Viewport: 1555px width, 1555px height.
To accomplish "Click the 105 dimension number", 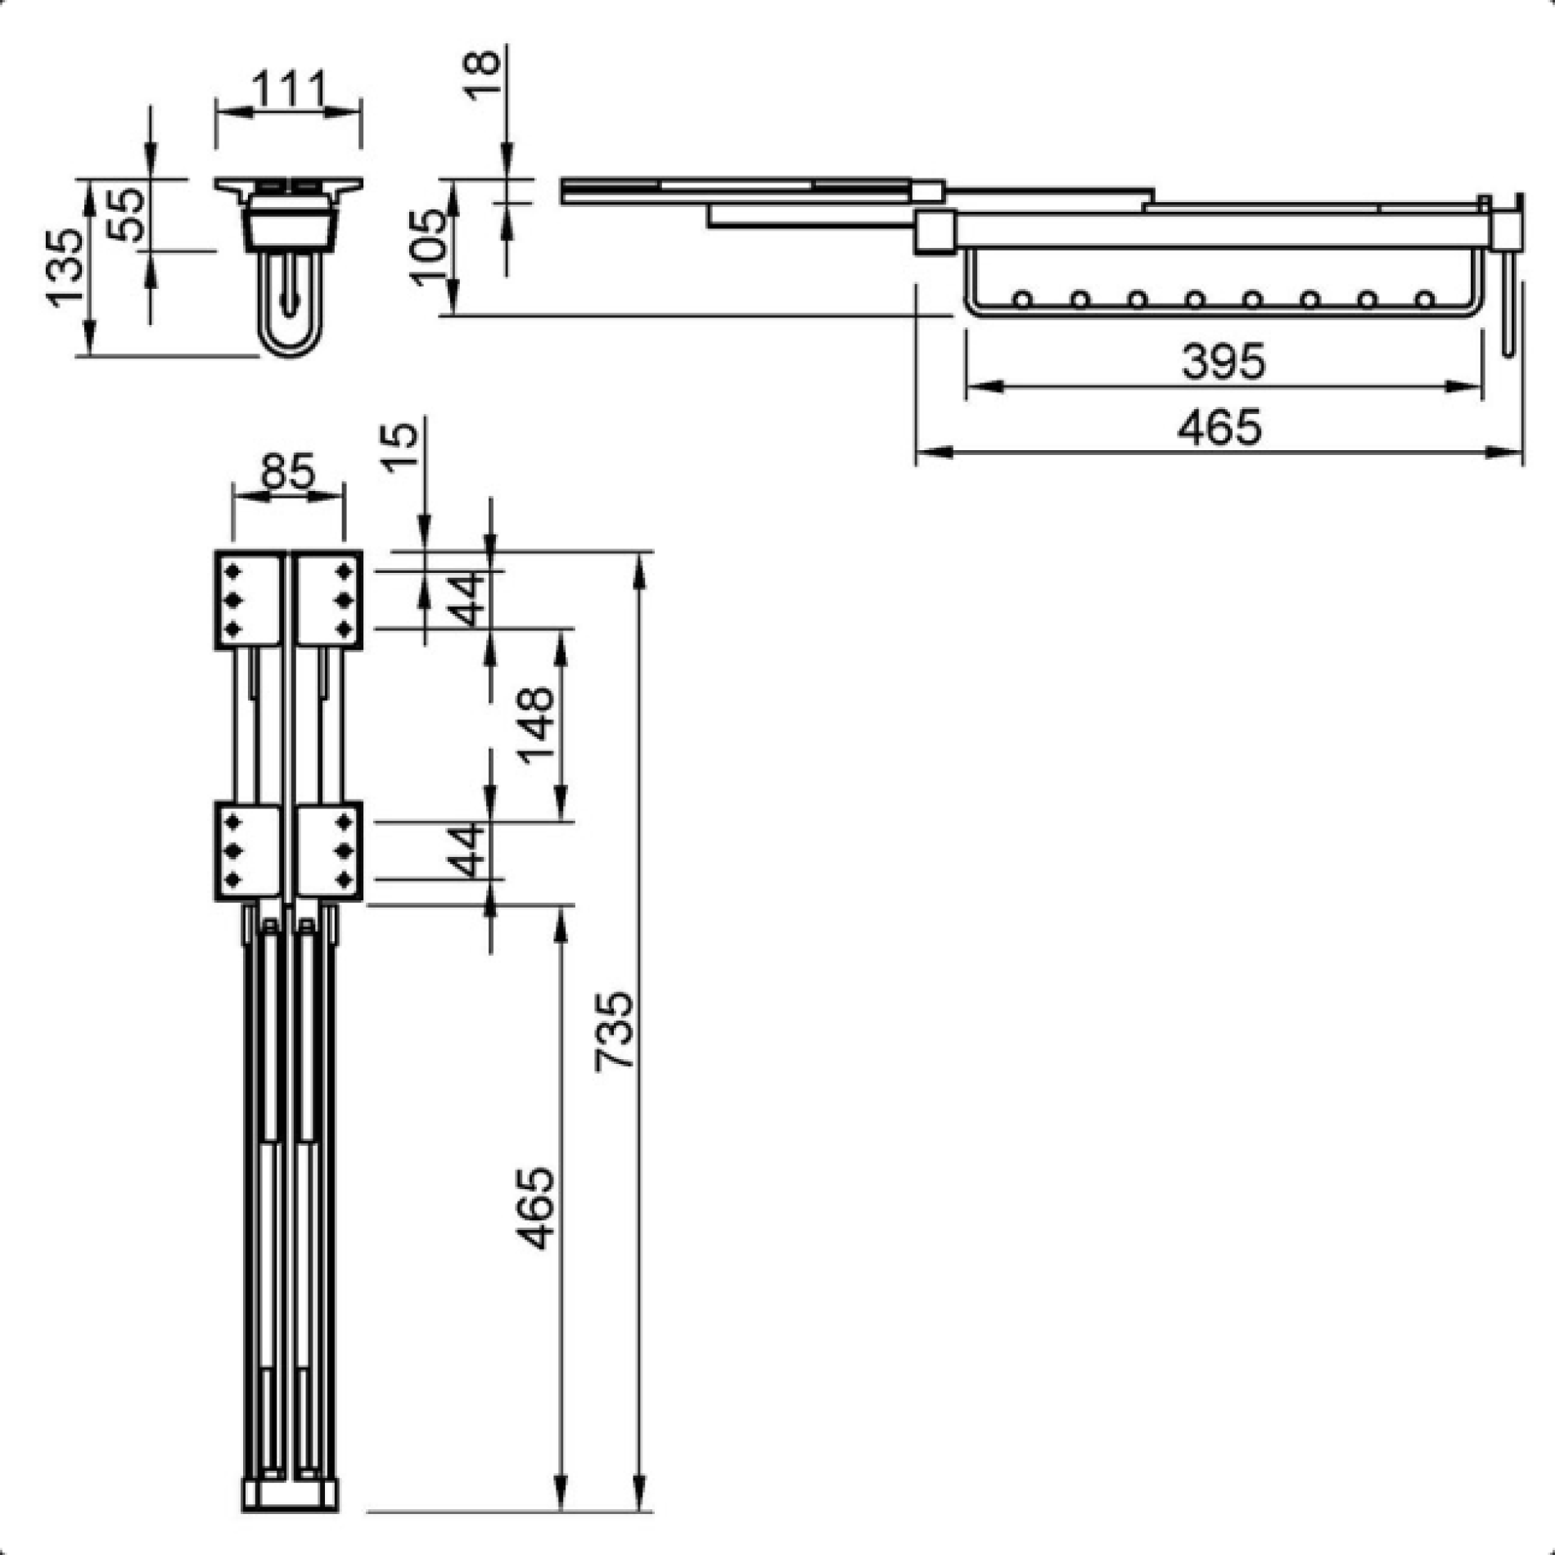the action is [429, 246].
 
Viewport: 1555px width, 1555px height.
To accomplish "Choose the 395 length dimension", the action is [1224, 361].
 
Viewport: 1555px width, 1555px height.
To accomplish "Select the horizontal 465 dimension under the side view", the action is [1219, 428].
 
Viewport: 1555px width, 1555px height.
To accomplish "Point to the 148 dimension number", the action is [537, 724].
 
